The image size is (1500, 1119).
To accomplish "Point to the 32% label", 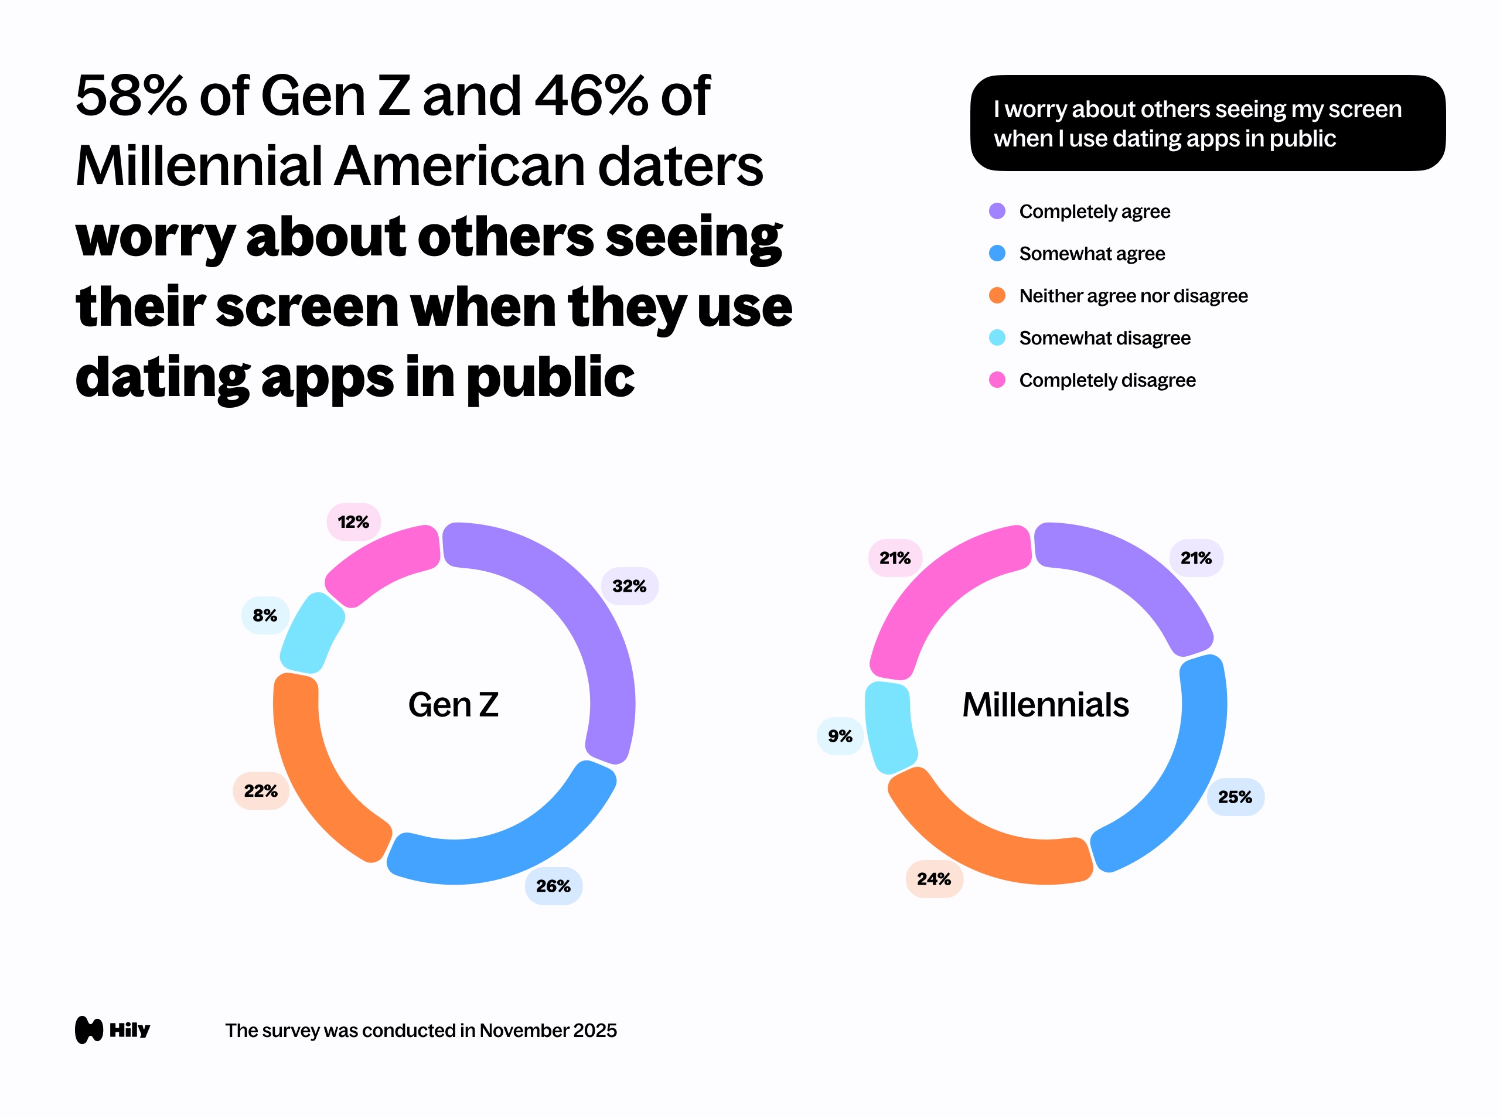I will [629, 586].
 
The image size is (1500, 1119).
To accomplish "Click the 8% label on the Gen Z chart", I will [265, 615].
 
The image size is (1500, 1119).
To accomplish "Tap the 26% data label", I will [553, 885].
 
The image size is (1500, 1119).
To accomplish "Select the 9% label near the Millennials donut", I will [840, 736].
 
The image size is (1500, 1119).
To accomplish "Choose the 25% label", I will [1235, 797].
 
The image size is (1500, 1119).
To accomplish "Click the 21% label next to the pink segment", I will [894, 558].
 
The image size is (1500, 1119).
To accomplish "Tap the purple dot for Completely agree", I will [997, 211].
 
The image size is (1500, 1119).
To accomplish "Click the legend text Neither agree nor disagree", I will [1133, 296].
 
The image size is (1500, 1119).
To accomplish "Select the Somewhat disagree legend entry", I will [1104, 338].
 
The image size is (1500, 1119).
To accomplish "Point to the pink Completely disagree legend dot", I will [997, 380].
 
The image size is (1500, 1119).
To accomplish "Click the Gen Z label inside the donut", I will [454, 704].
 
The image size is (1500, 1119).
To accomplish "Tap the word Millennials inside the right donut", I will [1045, 704].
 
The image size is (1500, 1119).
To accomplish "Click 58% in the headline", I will [131, 96].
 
